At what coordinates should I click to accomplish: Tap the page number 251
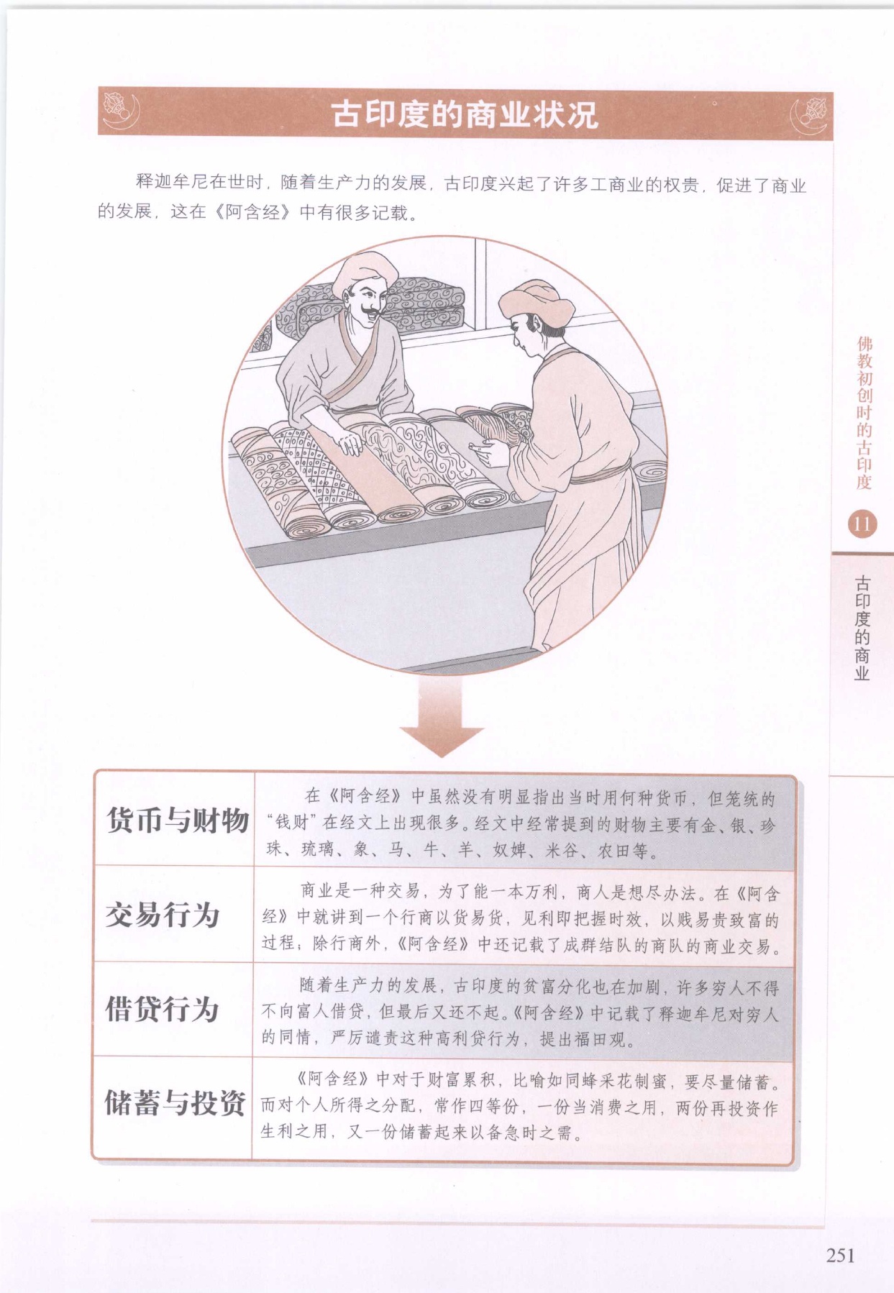840,1255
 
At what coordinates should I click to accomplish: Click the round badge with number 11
862,524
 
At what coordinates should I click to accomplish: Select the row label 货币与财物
177,820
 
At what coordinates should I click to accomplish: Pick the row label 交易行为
162,915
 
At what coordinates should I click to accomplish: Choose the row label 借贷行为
162,1009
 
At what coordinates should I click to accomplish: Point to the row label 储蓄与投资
175,1102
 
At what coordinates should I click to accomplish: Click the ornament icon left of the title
120,112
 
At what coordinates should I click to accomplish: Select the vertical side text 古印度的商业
862,628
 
